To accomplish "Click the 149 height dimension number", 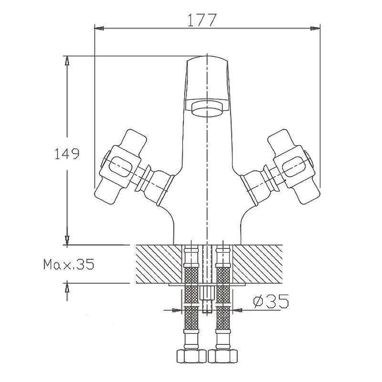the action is pos(67,154).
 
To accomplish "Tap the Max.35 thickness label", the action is pos(69,264).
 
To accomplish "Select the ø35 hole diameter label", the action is pos(271,301).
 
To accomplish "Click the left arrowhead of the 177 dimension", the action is pos(99,28).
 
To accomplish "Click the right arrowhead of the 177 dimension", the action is pos(315,28).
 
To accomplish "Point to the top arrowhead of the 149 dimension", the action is pos(67,61).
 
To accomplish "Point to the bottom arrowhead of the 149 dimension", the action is pos(67,240).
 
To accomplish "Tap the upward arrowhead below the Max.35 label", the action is pos(67,288).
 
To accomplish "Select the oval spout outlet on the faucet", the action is pos(207,110).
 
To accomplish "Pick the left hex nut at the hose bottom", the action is pos(191,356).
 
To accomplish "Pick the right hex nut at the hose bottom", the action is pos(223,356).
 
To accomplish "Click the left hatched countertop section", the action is pos(159,264).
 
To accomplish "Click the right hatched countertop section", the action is pos(258,264).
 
